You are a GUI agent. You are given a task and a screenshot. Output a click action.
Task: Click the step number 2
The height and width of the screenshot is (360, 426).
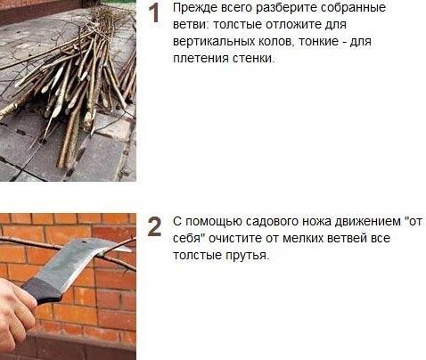[154, 226]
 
